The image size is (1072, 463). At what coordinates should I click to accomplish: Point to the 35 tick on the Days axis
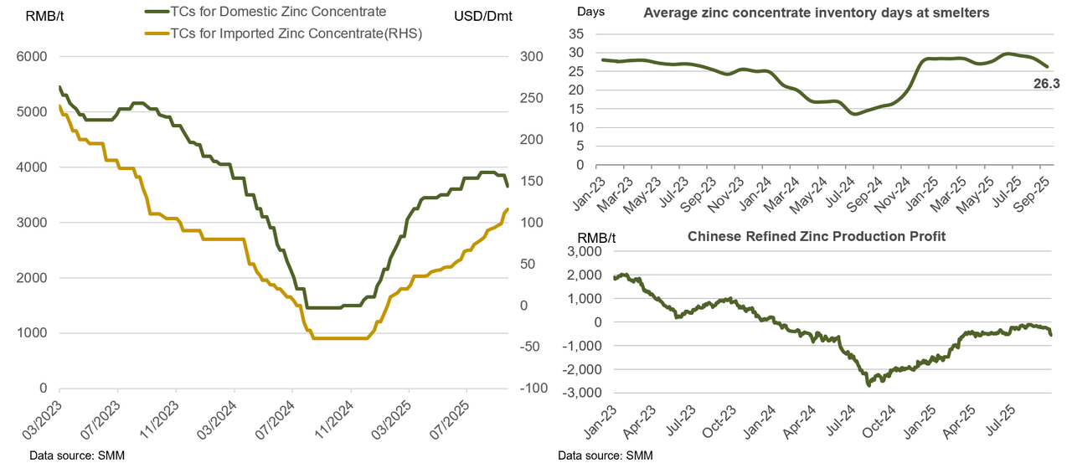point(575,33)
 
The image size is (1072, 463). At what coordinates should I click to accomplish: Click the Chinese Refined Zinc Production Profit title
point(817,236)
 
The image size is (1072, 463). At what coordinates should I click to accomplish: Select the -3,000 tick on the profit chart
point(586,393)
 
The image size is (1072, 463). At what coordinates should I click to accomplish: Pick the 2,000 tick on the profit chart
point(590,275)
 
